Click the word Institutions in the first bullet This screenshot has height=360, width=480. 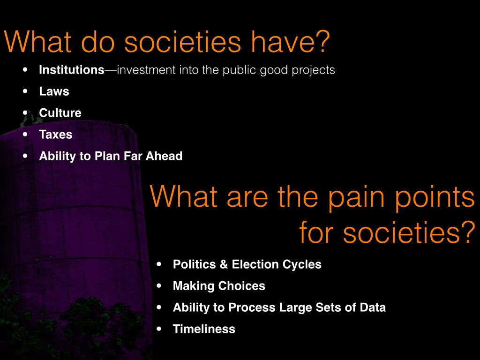point(72,70)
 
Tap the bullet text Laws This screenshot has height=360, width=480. point(54,91)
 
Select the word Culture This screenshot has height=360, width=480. point(60,112)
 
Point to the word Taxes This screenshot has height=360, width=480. point(56,135)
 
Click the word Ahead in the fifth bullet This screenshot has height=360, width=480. point(164,156)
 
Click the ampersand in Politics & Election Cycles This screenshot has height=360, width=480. point(224,264)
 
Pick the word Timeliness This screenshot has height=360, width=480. point(204,329)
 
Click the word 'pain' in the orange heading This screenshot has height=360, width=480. point(356,198)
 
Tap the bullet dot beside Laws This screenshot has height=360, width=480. point(25,91)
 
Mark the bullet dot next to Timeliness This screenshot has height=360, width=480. point(159,329)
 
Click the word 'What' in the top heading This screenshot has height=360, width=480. point(38,42)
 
